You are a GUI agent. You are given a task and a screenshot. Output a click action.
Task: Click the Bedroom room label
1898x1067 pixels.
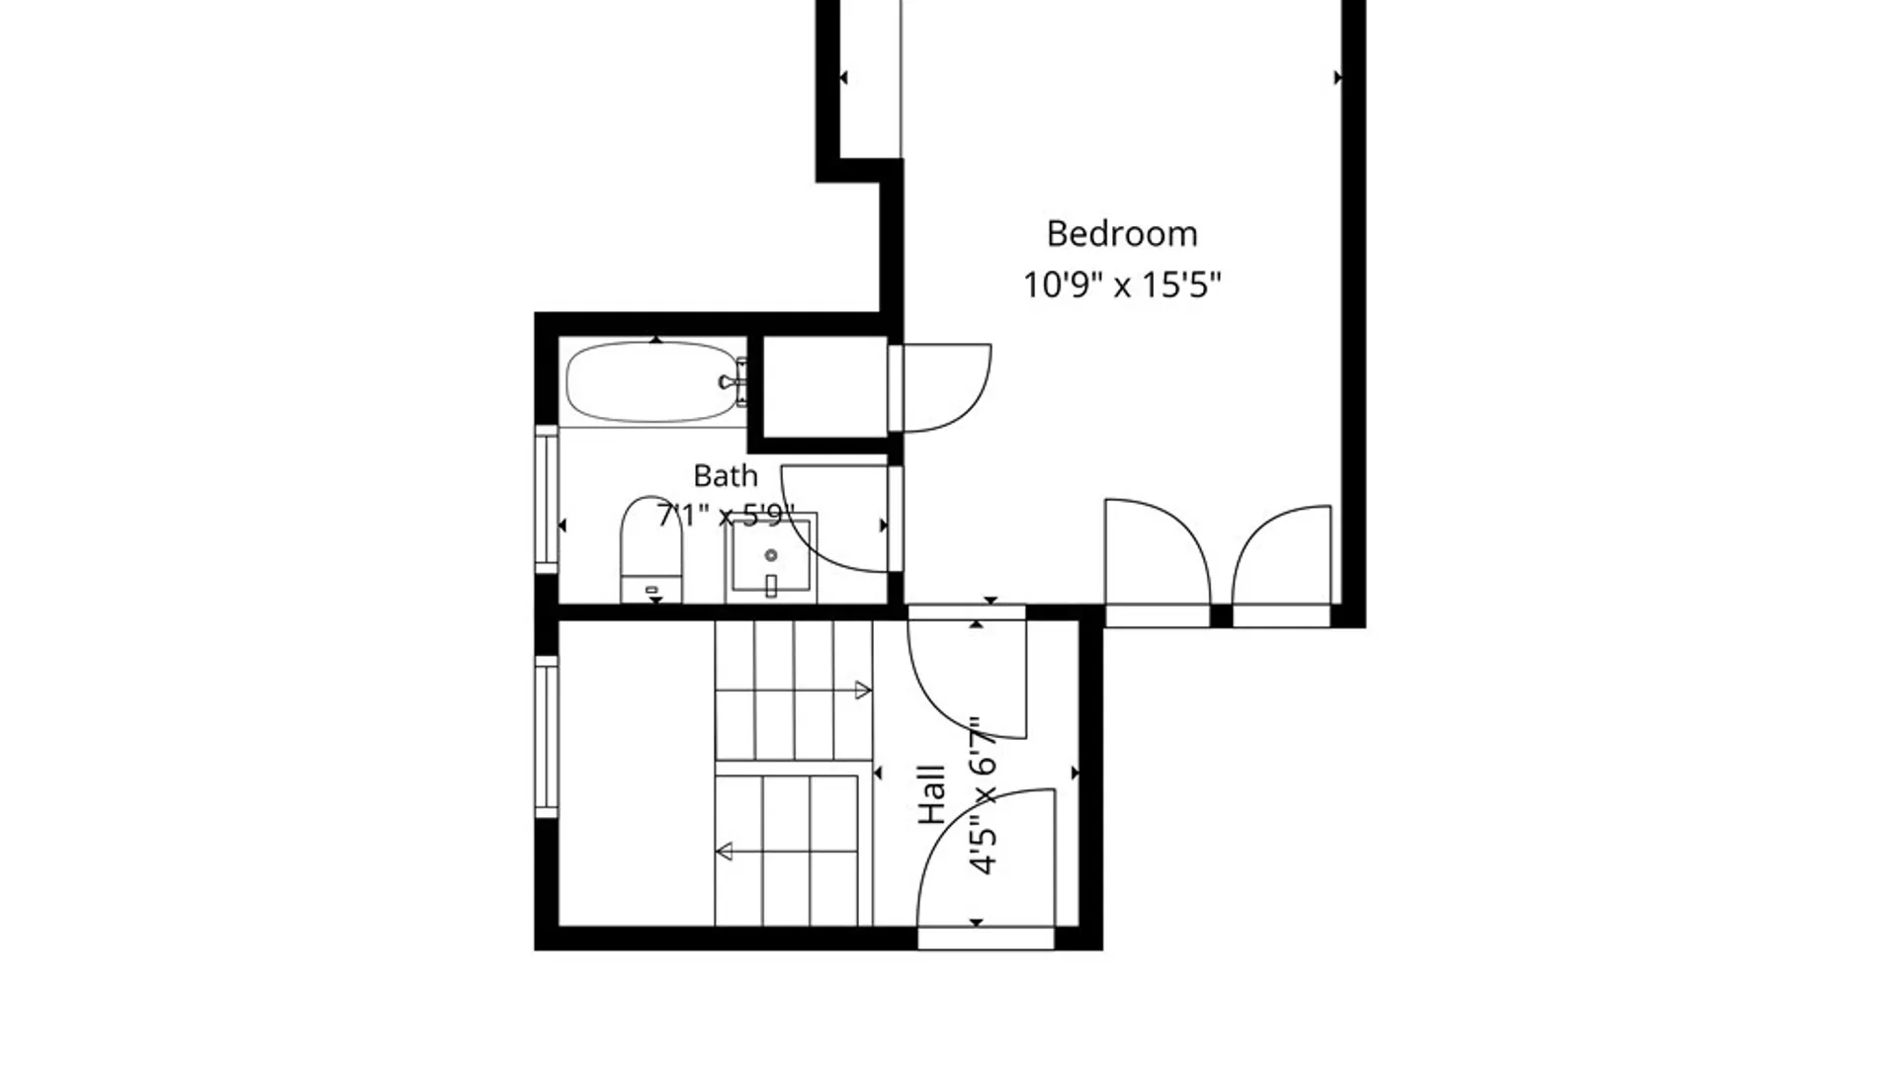[x=1122, y=234]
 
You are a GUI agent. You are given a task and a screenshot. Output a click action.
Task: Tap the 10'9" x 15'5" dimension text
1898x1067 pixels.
[x=1122, y=286]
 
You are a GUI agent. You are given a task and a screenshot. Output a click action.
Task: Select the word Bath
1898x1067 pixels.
[x=726, y=476]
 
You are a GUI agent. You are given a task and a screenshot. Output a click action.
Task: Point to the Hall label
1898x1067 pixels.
[x=932, y=795]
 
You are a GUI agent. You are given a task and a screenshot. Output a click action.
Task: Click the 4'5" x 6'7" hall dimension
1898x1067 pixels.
[x=983, y=796]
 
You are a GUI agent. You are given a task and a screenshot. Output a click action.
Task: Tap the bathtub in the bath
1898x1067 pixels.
[x=653, y=382]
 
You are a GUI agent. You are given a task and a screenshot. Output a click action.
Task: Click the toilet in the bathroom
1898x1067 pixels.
[x=651, y=549]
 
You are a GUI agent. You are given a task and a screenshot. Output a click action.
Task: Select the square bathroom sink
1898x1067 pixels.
[x=771, y=558]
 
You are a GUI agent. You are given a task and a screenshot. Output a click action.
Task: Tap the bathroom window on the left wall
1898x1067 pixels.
[x=547, y=499]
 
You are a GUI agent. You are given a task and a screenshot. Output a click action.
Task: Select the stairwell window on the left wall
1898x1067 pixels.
[x=547, y=737]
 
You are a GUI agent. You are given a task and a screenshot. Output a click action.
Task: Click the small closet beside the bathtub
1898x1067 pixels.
[x=825, y=386]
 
